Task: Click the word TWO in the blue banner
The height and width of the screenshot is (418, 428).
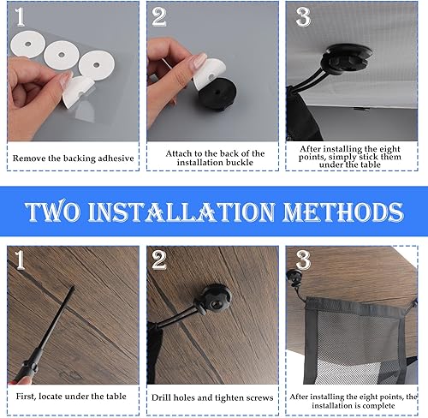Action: (52, 212)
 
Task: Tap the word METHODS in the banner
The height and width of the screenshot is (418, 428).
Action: (343, 212)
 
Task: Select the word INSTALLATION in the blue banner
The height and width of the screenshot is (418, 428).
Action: (181, 212)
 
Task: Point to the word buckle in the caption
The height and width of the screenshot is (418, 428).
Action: (240, 163)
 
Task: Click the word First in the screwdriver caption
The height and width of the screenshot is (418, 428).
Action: (26, 397)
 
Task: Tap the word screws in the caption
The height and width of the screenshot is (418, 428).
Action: (259, 398)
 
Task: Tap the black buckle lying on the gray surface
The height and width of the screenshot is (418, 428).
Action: (217, 94)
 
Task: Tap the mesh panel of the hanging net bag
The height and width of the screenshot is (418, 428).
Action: (357, 343)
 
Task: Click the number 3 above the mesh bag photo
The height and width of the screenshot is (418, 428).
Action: (303, 260)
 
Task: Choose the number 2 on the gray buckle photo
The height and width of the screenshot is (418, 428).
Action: (159, 17)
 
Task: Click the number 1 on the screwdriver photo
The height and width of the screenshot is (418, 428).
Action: (20, 260)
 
